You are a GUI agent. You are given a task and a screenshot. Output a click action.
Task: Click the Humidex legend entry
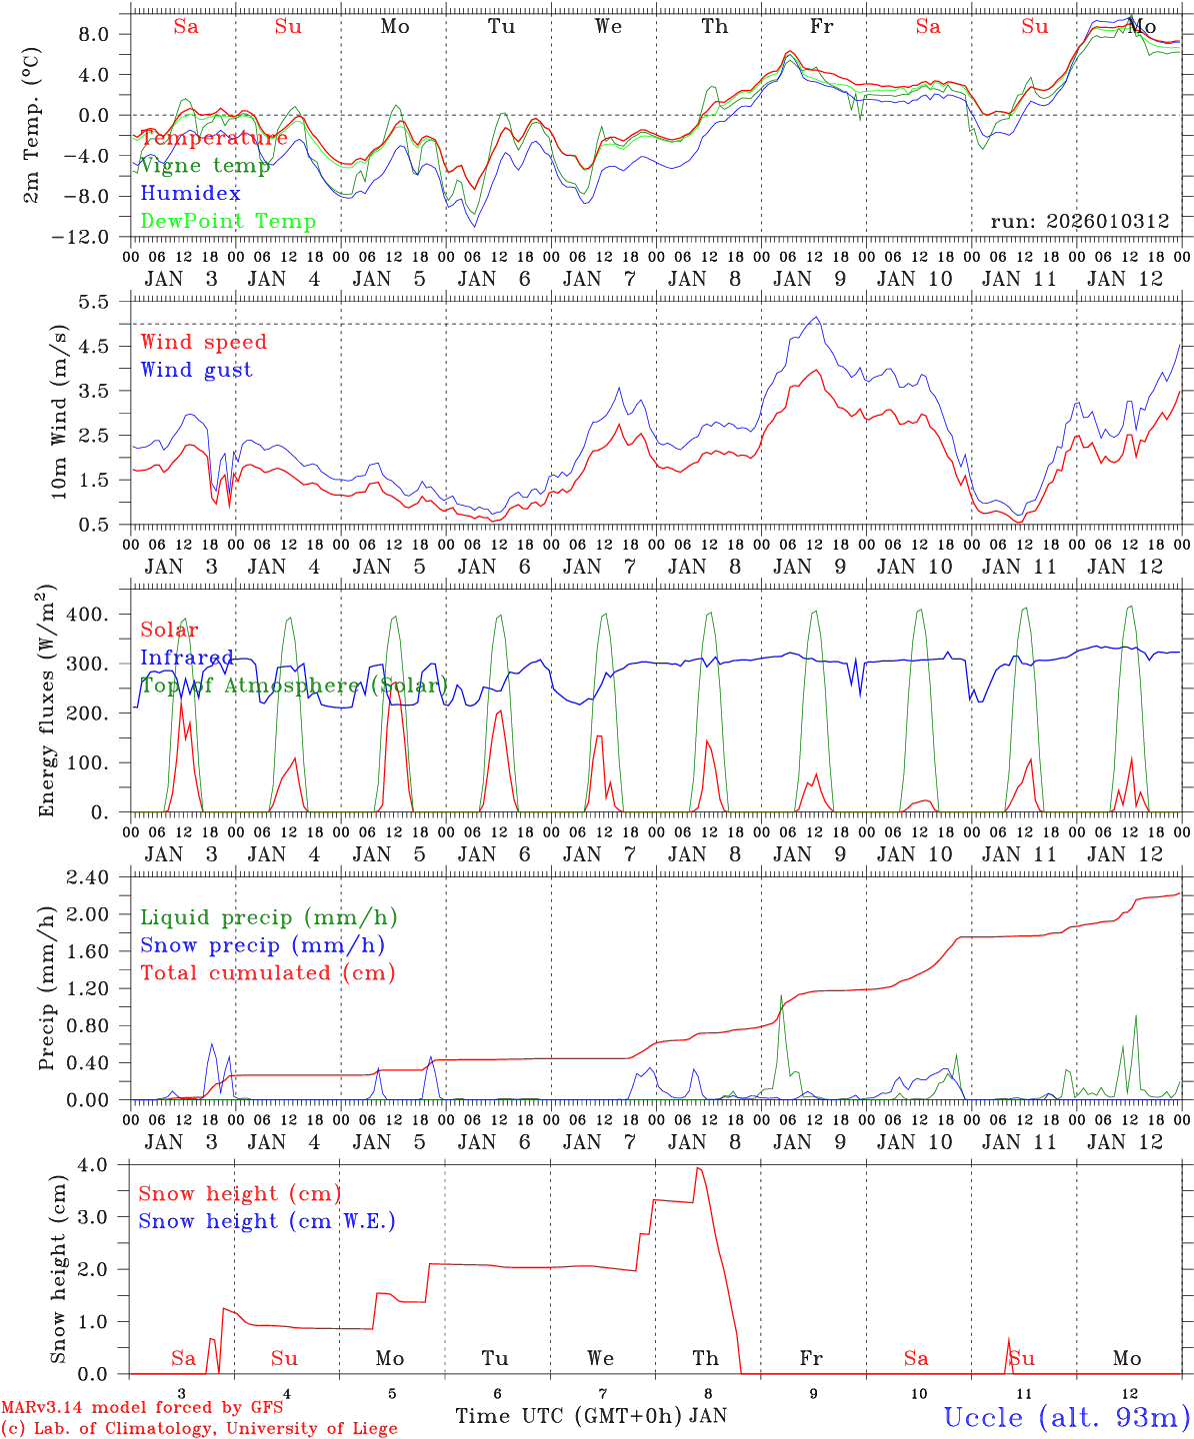(x=190, y=194)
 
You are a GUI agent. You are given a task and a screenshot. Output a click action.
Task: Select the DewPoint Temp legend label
(x=228, y=222)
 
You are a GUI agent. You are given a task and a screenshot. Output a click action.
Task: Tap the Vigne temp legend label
(x=205, y=166)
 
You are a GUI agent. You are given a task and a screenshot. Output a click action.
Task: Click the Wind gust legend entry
(x=196, y=370)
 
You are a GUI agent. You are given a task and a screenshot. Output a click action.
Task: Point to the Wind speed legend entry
(x=203, y=342)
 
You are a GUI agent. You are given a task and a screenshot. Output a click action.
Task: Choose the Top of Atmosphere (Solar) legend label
(x=294, y=686)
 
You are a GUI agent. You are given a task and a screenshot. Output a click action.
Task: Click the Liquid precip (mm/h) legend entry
(x=268, y=917)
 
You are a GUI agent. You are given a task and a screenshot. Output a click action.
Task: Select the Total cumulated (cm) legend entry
(x=267, y=972)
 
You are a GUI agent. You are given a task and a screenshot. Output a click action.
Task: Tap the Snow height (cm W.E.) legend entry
(x=267, y=1221)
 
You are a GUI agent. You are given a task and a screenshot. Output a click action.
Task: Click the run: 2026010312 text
(x=1079, y=222)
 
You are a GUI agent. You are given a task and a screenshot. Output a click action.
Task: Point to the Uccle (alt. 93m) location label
(x=1066, y=1417)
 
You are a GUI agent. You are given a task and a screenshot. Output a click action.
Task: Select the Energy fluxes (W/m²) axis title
(x=46, y=700)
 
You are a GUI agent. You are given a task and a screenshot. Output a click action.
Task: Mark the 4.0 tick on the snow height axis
(x=105, y=1165)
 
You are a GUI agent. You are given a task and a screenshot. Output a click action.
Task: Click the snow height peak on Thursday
(x=698, y=1168)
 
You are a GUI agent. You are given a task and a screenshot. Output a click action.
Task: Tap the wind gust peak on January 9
(x=817, y=318)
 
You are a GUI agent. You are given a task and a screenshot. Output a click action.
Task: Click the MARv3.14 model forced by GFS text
(x=142, y=1408)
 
